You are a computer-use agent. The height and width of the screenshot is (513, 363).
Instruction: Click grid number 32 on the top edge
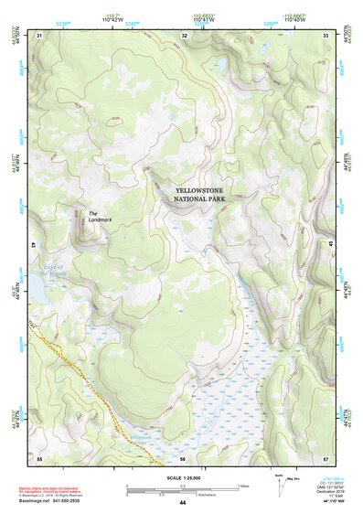(185, 35)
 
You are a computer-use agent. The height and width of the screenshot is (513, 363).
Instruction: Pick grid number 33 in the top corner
(327, 35)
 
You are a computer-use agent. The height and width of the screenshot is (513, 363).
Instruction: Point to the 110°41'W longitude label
(204, 20)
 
